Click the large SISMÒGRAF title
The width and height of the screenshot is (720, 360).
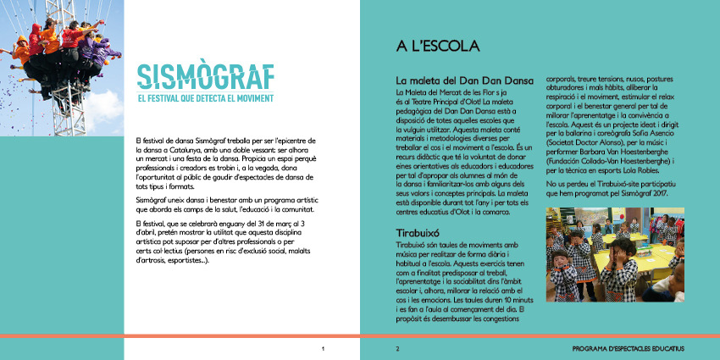point(205,75)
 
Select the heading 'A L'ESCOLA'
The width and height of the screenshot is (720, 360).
point(432,46)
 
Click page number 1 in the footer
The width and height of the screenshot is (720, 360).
point(323,348)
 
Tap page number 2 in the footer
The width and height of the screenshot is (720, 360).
point(396,348)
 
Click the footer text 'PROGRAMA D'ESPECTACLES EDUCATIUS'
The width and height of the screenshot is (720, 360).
point(628,348)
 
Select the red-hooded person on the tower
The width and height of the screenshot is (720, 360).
point(36,37)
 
